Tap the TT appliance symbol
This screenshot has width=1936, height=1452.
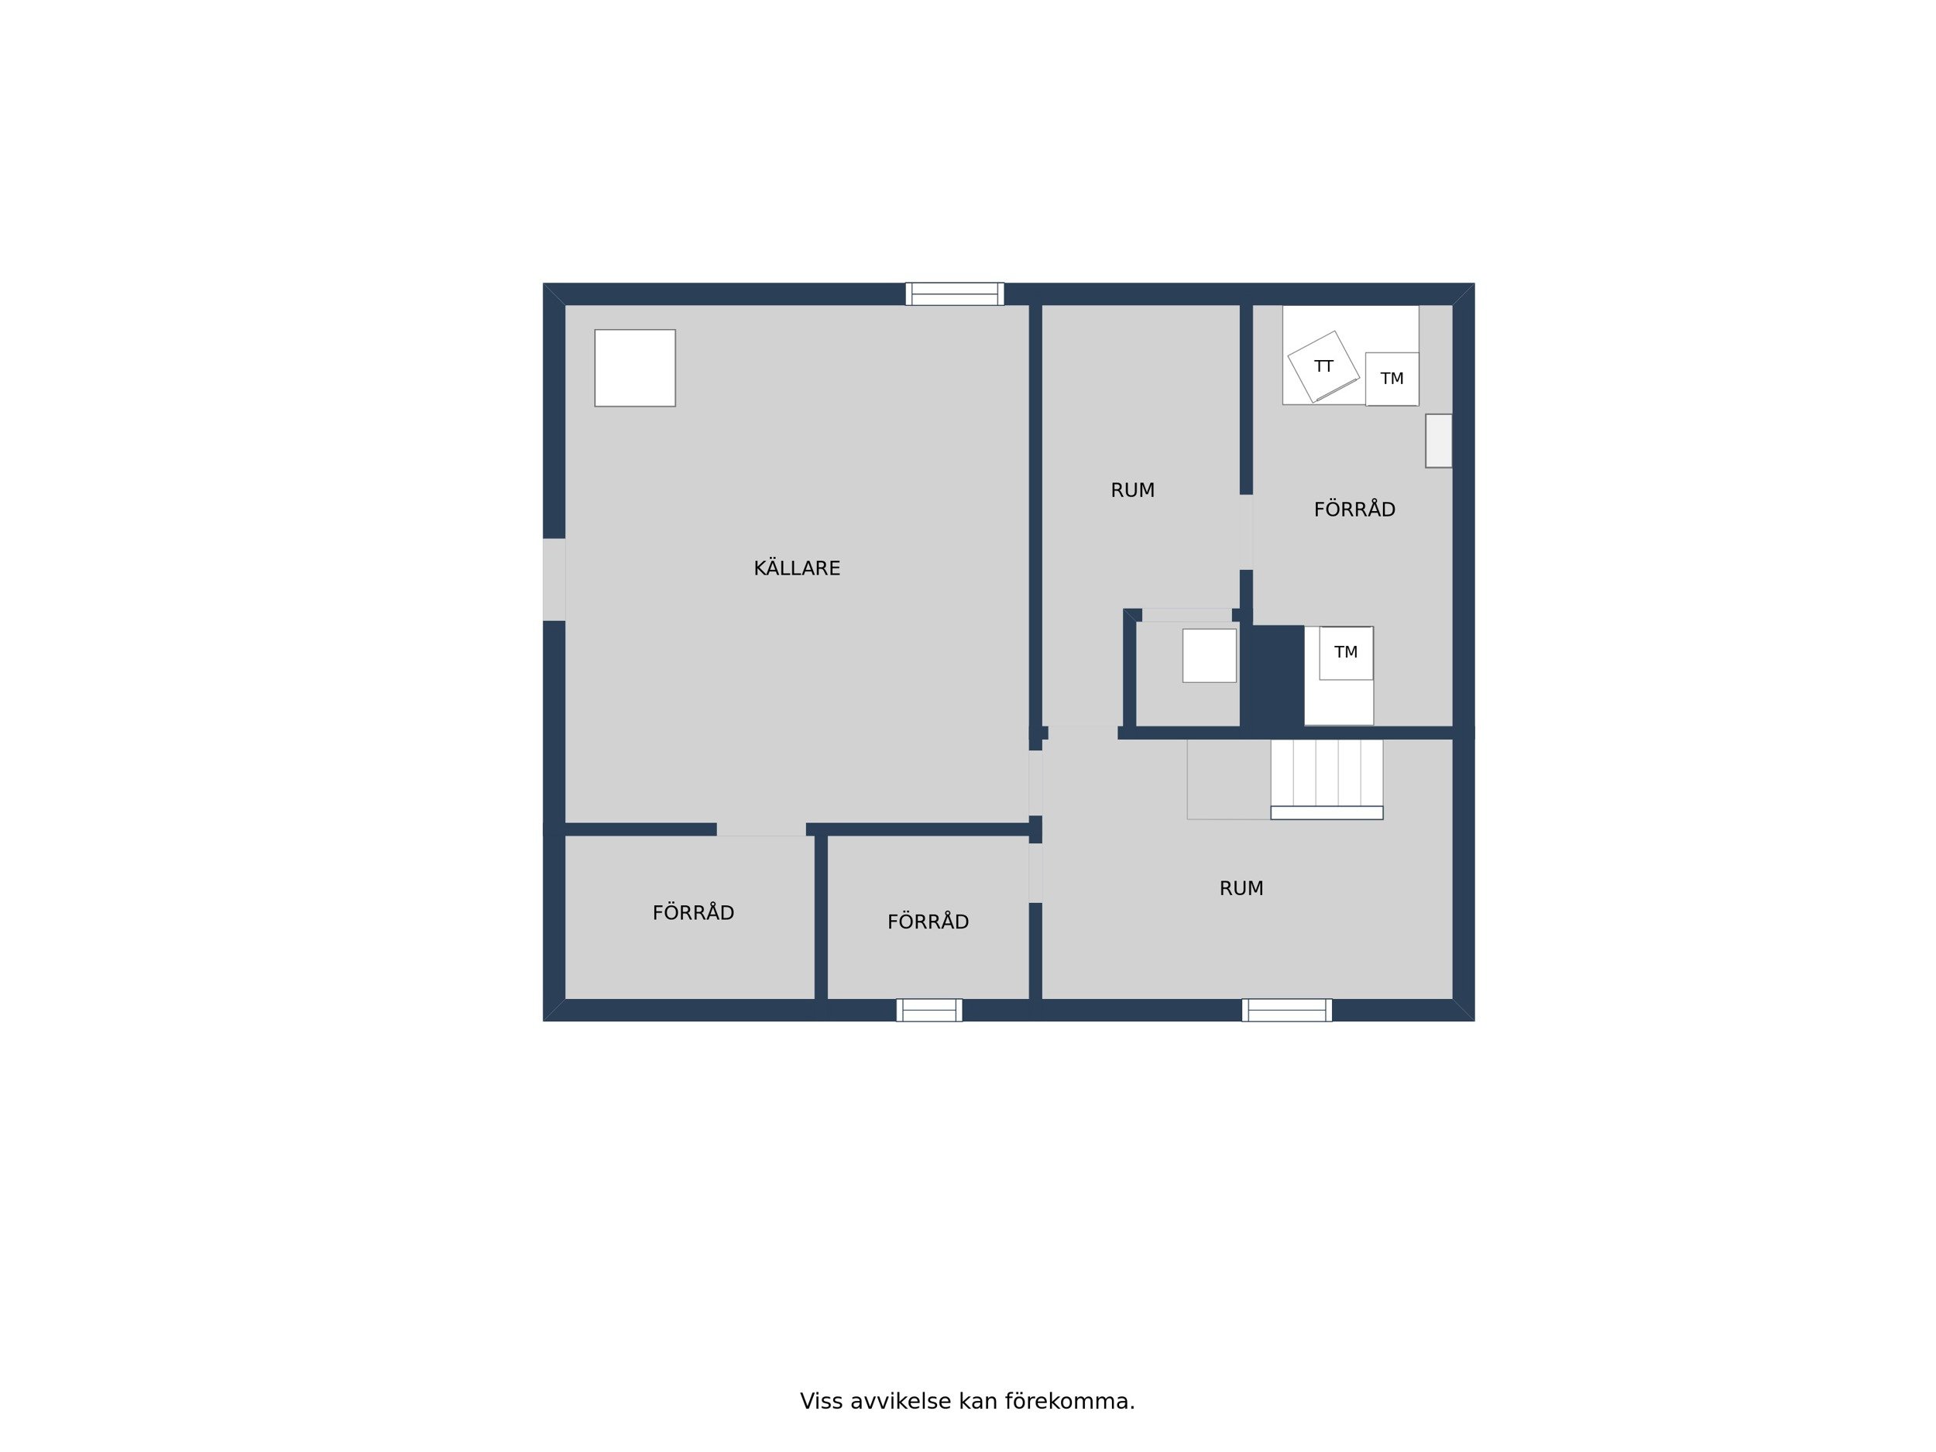click(1323, 367)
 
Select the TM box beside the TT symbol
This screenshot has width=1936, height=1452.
click(1392, 379)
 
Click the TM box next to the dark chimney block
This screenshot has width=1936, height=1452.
click(1346, 653)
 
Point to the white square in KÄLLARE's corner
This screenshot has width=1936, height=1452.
click(634, 368)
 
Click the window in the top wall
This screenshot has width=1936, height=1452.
click(954, 294)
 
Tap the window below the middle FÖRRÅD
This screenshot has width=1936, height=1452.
click(929, 1011)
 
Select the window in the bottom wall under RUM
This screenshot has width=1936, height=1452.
click(1286, 1011)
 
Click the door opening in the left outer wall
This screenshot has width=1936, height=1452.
click(554, 579)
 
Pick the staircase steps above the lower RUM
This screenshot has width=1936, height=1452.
click(1327, 779)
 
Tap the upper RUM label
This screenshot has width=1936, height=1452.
click(1132, 491)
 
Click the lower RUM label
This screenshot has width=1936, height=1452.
click(1241, 888)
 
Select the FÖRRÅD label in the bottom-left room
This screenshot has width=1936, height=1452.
click(693, 912)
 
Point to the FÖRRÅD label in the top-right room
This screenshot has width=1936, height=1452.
click(1354, 509)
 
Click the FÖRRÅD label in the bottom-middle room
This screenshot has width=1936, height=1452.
click(928, 921)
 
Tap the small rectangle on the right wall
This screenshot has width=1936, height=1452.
click(1438, 441)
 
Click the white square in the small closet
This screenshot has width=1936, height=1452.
click(1210, 656)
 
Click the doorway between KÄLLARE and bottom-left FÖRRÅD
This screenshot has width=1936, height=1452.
click(761, 829)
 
